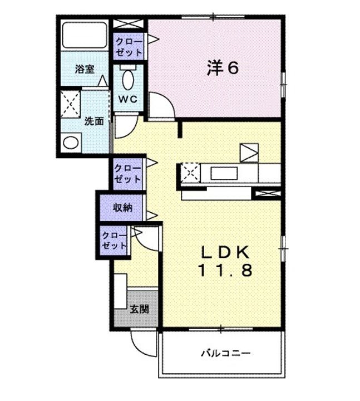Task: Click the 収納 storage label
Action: pos(123,208)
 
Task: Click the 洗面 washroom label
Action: pos(93,121)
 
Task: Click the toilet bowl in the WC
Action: pos(128,80)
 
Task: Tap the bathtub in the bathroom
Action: pos(85,35)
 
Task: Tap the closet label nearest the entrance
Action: pos(115,241)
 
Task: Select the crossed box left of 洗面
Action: pos(71,104)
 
